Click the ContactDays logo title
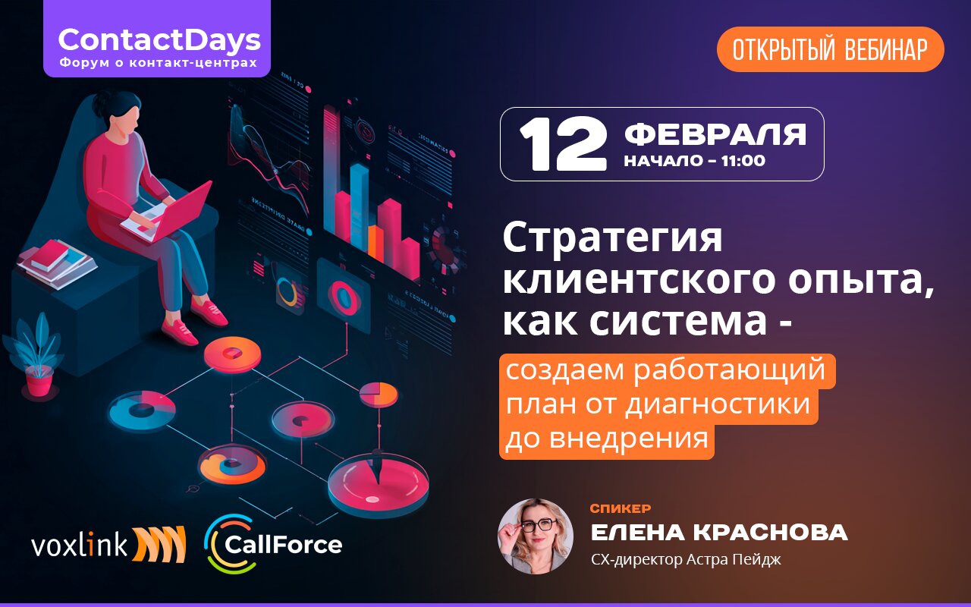[159, 40]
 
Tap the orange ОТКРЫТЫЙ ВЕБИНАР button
[830, 49]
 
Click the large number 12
[563, 144]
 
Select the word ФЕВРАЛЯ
[715, 134]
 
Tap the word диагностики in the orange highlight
[717, 404]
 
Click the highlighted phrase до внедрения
[606, 439]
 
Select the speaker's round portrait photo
[536, 536]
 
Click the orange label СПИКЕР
[620, 508]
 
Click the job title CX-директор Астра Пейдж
[686, 560]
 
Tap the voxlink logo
[108, 544]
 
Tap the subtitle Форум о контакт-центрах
[158, 62]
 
